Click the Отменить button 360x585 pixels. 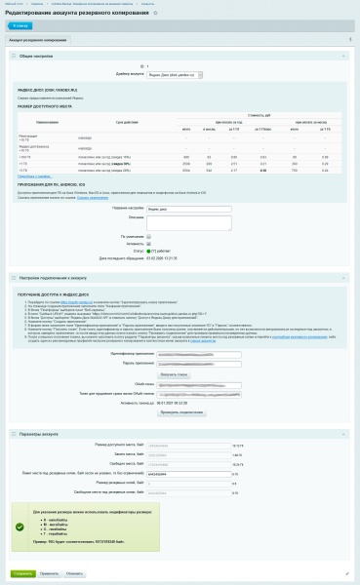75,573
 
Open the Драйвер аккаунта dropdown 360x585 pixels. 177,73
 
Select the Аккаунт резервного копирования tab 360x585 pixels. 39,40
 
